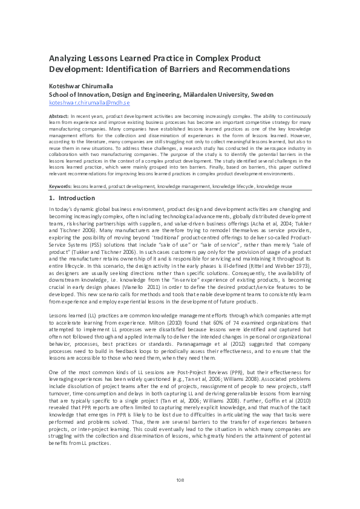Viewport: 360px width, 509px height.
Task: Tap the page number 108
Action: (x=180, y=481)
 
